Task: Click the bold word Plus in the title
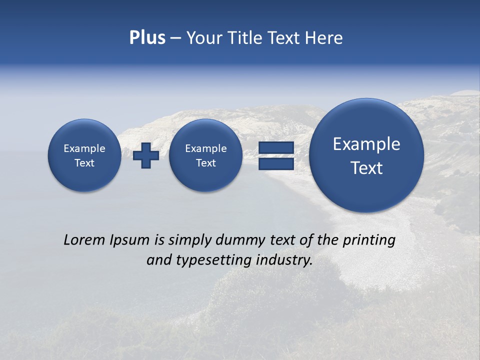click(147, 38)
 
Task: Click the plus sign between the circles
click(146, 155)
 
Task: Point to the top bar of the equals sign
click(275, 147)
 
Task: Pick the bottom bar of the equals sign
click(275, 163)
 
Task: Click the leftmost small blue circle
click(84, 155)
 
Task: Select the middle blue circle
click(205, 155)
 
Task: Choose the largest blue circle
click(366, 155)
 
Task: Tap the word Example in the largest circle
click(366, 144)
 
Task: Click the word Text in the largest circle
click(366, 168)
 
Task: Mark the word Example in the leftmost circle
click(84, 148)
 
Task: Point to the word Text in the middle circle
click(205, 163)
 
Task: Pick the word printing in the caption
click(368, 240)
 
